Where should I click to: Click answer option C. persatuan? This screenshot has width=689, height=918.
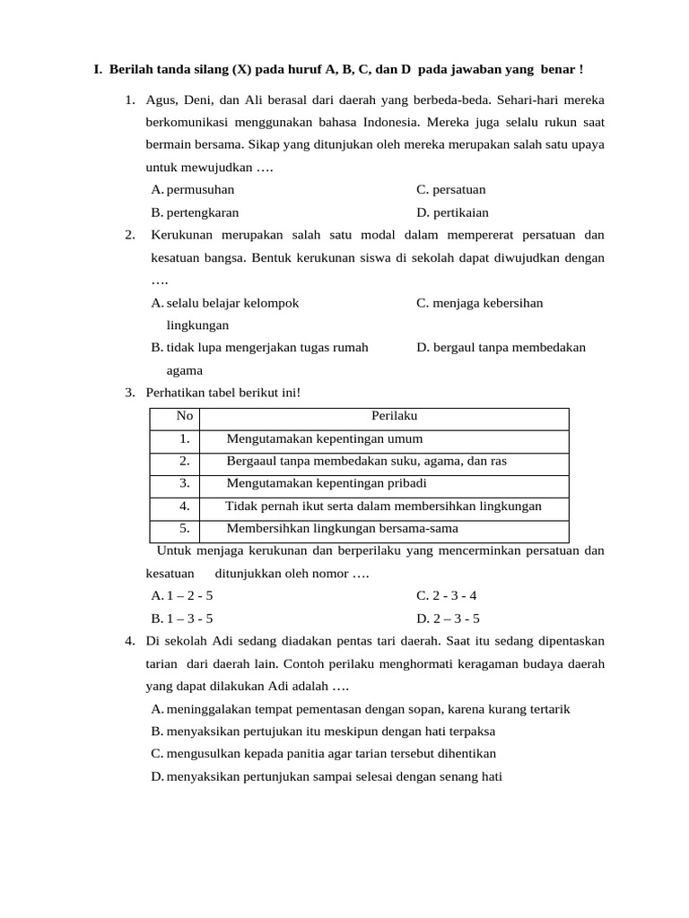451,189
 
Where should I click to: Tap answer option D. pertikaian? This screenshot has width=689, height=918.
452,212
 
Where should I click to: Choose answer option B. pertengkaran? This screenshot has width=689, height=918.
195,212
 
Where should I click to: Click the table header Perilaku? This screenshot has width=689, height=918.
394,416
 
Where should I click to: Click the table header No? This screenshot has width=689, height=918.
185,416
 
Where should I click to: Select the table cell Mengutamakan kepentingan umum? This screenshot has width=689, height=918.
324,438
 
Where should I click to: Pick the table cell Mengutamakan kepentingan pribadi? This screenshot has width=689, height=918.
326,483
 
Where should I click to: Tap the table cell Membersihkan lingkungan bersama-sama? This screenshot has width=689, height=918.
342,528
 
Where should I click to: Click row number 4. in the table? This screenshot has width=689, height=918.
184,506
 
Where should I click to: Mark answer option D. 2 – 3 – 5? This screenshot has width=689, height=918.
448,619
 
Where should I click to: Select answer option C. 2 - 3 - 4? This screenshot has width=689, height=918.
447,595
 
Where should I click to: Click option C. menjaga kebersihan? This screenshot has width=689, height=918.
479,303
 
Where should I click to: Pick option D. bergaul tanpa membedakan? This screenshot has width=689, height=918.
501,348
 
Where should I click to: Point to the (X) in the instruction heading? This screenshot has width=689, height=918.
241,69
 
